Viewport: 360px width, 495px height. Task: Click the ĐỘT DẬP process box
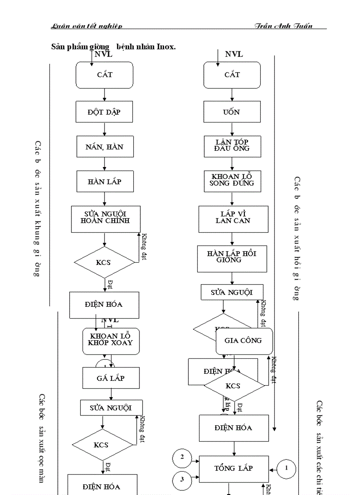point(104,112)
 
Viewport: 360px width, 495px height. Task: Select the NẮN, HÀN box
point(104,147)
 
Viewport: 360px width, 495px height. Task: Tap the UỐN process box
point(232,112)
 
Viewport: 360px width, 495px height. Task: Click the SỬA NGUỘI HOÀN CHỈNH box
point(105,218)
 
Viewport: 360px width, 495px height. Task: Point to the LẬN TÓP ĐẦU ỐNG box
point(232,146)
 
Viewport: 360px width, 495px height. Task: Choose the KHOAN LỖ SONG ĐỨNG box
point(232,180)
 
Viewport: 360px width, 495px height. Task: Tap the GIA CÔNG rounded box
point(244,341)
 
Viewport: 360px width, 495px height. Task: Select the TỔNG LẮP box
point(234,469)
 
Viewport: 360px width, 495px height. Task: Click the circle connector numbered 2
point(182,458)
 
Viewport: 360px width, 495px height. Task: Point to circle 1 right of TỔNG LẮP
point(286,469)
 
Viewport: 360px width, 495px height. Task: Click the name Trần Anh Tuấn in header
point(283,26)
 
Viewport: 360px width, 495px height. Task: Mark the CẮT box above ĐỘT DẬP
point(104,75)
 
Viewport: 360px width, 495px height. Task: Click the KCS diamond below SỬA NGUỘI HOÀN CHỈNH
point(104,262)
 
